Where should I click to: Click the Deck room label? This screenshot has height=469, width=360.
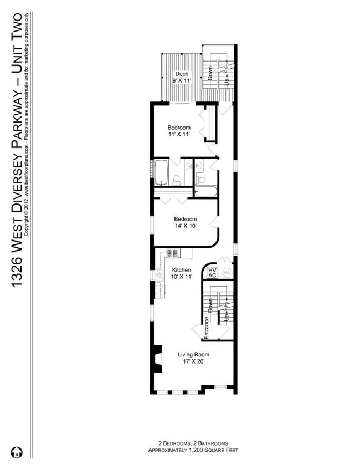(x=181, y=74)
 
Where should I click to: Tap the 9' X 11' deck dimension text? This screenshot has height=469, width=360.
(x=181, y=81)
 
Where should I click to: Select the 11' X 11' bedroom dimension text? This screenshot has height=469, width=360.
(x=179, y=134)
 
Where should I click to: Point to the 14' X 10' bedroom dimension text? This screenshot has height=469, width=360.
(x=186, y=226)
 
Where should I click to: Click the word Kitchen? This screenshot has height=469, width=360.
(x=181, y=270)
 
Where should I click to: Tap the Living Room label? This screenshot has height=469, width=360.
(x=193, y=353)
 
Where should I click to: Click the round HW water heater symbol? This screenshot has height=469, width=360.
(x=227, y=272)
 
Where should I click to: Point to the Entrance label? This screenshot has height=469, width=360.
(x=206, y=328)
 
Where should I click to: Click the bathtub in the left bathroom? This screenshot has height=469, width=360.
(x=161, y=172)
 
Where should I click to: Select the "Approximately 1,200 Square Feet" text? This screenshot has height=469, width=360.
(x=193, y=451)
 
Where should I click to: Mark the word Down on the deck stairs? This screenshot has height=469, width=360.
(x=210, y=73)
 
